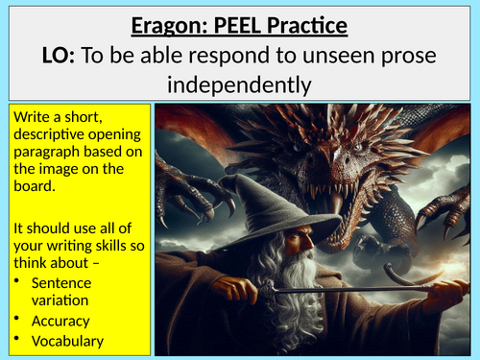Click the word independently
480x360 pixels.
[240, 85]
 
